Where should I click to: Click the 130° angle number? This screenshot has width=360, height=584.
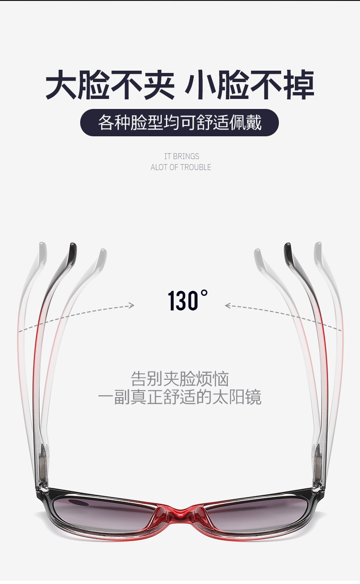(x=188, y=300)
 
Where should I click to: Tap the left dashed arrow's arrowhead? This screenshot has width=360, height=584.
(x=131, y=305)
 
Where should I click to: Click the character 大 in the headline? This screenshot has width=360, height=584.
(x=61, y=84)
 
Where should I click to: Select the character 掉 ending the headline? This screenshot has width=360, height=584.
(x=299, y=84)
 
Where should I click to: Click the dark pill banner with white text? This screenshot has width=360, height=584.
(x=180, y=123)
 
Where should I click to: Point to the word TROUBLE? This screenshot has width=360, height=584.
(x=195, y=167)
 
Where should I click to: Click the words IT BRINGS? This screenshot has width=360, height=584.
(x=182, y=156)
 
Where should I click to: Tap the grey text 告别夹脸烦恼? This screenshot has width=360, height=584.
(x=180, y=379)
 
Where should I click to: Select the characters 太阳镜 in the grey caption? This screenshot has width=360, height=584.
(x=237, y=398)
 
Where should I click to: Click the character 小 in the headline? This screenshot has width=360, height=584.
(x=201, y=84)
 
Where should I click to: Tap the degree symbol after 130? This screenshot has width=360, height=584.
(x=205, y=293)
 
